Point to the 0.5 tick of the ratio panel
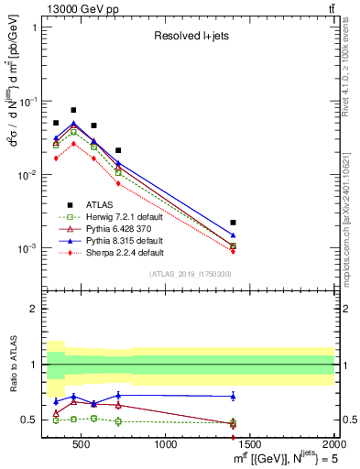[x=33, y=420]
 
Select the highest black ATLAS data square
[x=73, y=110]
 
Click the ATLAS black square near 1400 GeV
[x=233, y=223]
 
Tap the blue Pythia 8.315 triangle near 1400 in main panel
[x=233, y=235]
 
